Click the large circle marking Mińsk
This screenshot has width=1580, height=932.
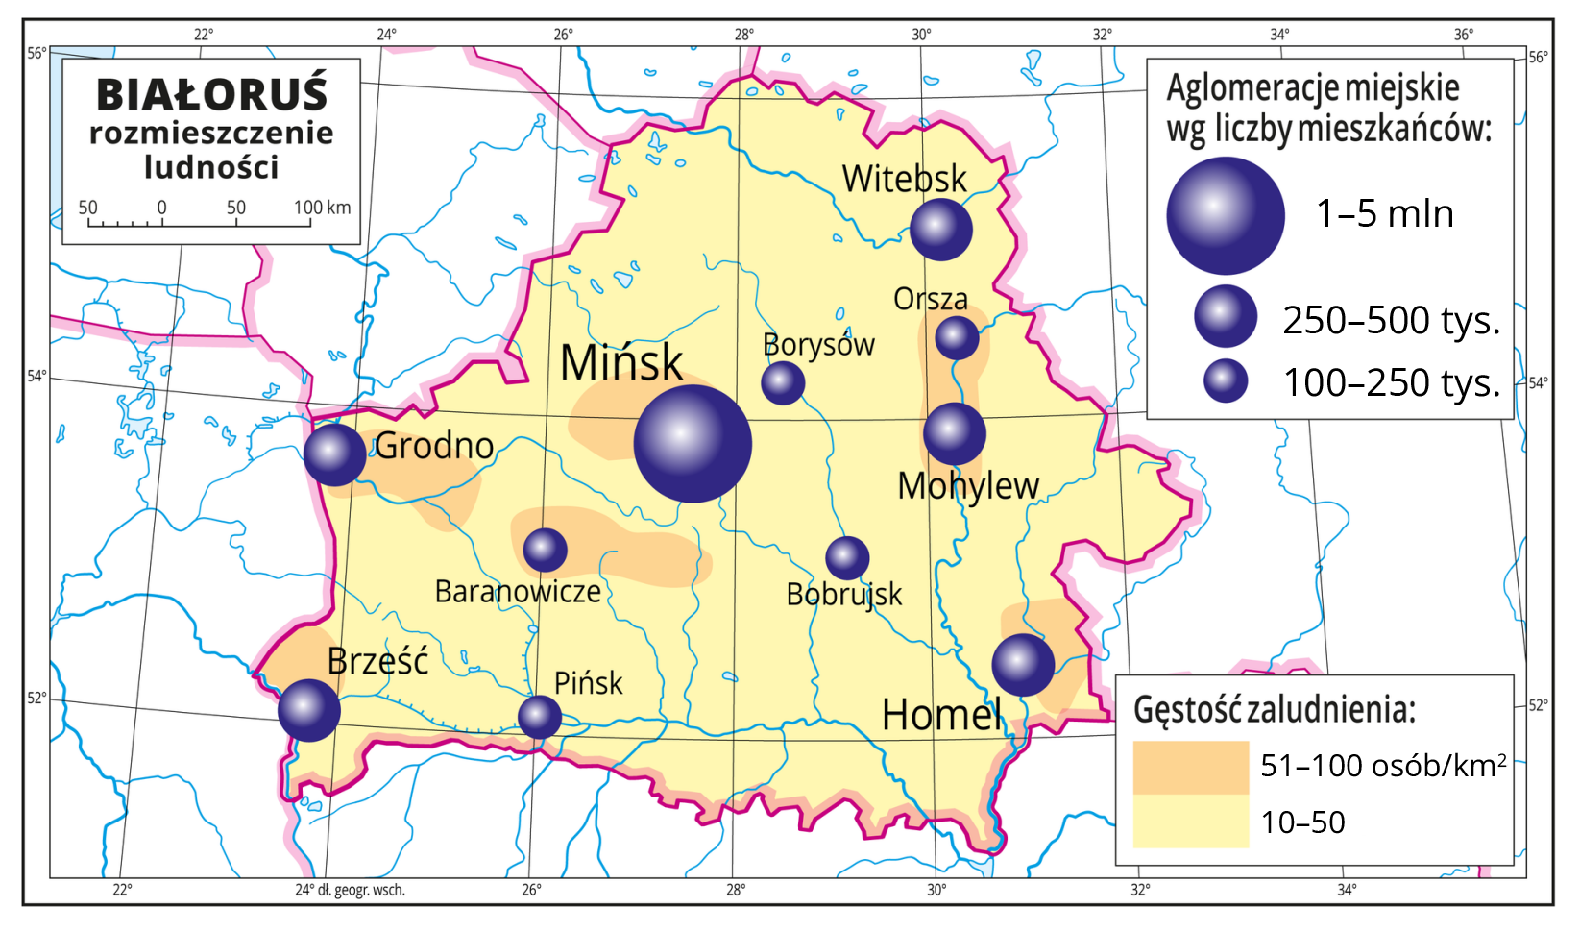pos(693,444)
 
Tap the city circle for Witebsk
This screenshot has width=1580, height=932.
pos(940,229)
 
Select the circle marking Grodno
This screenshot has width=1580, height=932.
pos(334,454)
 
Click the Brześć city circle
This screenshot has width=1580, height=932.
pos(308,710)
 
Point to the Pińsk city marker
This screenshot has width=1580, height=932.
pos(539,717)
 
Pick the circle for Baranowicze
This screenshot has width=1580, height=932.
pos(545,551)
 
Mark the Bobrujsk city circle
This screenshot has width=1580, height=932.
pos(847,557)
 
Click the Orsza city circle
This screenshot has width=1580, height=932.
pos(957,337)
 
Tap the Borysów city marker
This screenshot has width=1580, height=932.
pos(783,382)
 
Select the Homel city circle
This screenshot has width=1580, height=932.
pos(1023,665)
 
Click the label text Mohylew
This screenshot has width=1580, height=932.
pos(967,486)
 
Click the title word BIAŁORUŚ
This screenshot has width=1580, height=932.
pos(212,94)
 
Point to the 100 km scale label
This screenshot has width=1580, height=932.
pos(322,208)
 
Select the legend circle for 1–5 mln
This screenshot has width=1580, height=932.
pos(1225,216)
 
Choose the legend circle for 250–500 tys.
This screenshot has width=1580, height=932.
pos(1226,316)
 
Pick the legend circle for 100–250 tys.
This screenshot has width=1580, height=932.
pos(1226,380)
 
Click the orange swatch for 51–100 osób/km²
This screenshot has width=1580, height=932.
pos(1190,767)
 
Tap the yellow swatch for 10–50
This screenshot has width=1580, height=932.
pos(1190,822)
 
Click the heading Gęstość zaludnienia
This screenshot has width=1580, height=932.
pos(1274,709)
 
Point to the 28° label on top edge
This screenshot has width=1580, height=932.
pos(744,35)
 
